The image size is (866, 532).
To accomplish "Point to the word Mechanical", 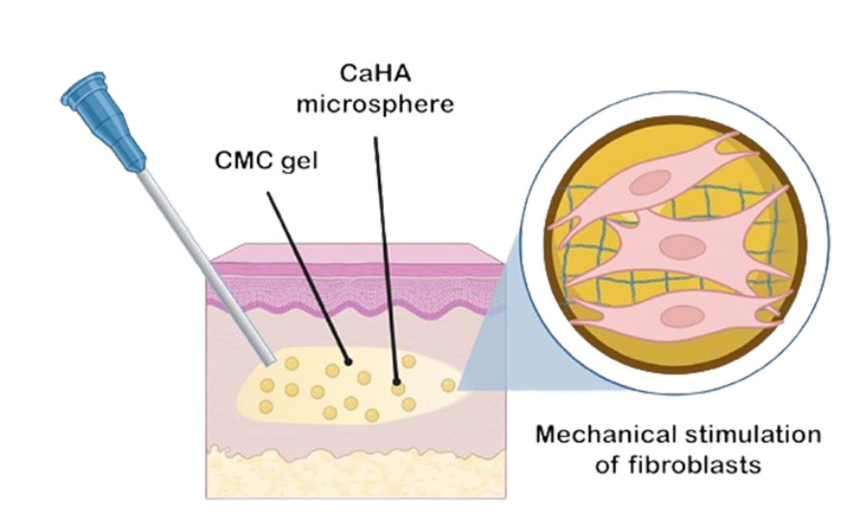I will (x=609, y=435).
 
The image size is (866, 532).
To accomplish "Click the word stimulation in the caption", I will (x=755, y=435).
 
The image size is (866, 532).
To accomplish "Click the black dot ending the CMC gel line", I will (x=349, y=363).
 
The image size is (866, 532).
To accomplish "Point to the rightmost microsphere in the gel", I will (x=448, y=385).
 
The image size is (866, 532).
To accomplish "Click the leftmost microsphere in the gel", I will (x=267, y=387).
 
